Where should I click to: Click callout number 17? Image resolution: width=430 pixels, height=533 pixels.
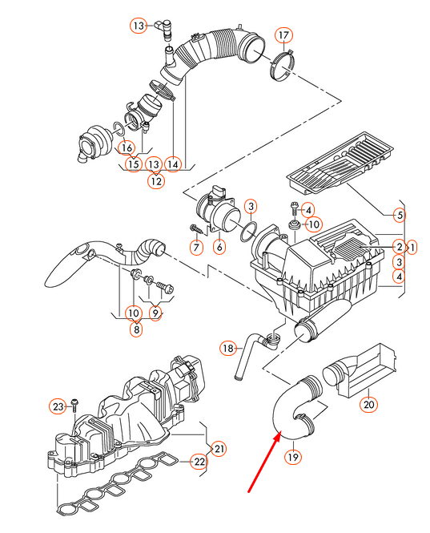point(283,34)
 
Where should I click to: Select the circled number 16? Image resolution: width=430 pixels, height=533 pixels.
point(126,147)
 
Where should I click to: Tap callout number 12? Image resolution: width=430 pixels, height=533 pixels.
point(155,181)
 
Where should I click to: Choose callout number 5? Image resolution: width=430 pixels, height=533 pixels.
point(399,214)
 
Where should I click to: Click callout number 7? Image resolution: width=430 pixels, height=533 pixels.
point(219,247)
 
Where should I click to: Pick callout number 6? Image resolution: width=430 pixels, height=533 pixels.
point(195,247)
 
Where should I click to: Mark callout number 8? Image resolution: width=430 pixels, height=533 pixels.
point(138,328)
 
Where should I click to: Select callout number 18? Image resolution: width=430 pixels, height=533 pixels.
point(228,348)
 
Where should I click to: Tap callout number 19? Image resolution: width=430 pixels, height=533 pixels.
point(292,457)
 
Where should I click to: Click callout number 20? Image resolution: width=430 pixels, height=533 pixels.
point(368,404)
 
